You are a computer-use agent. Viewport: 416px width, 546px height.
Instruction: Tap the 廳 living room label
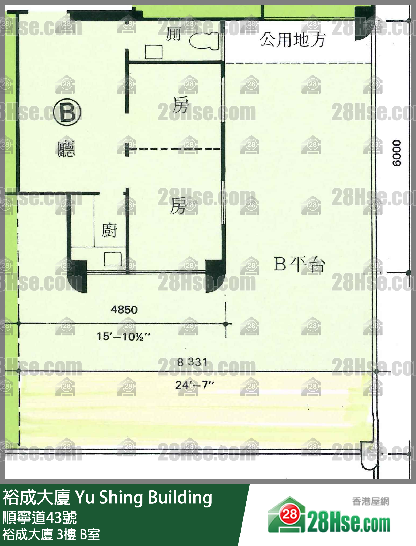(66, 149)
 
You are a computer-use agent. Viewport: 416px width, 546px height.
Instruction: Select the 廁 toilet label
(173, 34)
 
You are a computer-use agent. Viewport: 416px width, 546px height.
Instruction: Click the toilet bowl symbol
(204, 41)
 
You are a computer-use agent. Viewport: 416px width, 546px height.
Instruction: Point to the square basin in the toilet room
(154, 52)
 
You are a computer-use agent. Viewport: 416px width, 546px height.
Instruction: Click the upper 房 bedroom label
(181, 105)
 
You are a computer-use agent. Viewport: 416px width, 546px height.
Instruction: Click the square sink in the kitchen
(113, 259)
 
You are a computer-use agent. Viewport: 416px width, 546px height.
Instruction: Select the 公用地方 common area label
(292, 40)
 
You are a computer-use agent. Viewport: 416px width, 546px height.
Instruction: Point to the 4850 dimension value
(124, 310)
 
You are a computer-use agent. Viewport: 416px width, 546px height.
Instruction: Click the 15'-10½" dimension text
(124, 336)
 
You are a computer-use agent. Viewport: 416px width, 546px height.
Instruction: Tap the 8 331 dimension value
(192, 362)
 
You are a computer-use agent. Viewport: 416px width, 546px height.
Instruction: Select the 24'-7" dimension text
(194, 385)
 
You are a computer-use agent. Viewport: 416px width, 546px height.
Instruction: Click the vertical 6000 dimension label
(397, 153)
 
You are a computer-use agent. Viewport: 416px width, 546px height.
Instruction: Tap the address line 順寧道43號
(40, 518)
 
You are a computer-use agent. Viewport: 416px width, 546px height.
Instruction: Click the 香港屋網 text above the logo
(370, 501)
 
